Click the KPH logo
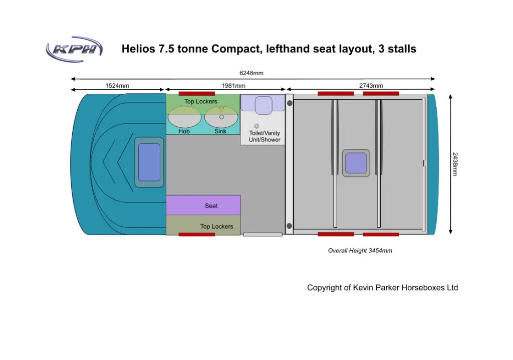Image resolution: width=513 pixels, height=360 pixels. (74, 49)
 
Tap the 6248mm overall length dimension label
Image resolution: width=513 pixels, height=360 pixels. (251, 73)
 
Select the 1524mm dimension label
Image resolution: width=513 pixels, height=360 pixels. (117, 86)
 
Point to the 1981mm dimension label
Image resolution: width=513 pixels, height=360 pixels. (233, 86)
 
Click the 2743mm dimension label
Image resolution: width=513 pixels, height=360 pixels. (371, 86)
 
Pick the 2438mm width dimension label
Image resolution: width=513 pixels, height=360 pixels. (455, 164)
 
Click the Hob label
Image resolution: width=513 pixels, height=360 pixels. (184, 131)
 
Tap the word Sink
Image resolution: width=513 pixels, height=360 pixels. (220, 131)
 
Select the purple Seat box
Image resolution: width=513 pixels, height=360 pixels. (203, 205)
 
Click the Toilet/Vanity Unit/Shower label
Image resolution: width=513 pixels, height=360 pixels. (265, 136)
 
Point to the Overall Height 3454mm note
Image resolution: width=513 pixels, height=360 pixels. (360, 251)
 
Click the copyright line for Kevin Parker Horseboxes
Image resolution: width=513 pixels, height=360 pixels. (382, 288)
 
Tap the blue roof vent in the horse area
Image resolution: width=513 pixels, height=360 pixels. (356, 163)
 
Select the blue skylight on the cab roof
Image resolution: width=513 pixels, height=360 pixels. (149, 162)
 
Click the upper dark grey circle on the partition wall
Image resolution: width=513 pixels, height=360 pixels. (290, 103)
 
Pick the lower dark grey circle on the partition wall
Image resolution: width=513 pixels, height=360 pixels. (289, 226)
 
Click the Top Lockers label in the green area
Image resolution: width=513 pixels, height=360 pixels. (200, 102)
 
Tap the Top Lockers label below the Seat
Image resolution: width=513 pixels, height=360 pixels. (216, 226)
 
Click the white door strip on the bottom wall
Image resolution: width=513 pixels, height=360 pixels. (263, 235)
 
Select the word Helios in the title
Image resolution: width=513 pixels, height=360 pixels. (138, 49)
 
